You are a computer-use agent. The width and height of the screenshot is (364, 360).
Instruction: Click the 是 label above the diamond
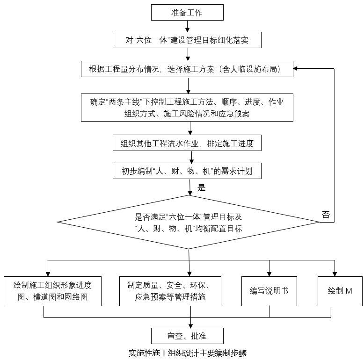pos(202,187)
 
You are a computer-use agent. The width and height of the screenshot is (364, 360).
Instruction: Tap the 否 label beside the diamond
pos(326,215)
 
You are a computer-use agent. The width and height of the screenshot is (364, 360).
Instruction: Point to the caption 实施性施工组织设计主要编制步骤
pos(188,353)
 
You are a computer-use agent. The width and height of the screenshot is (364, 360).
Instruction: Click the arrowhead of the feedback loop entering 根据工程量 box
pos(295,68)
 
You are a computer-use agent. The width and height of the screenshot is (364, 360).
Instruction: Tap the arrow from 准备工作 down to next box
pos(187,26)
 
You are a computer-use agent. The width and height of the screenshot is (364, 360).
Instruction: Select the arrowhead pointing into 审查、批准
pos(190,326)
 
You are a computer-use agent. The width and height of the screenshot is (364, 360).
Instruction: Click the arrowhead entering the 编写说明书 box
pos(269,274)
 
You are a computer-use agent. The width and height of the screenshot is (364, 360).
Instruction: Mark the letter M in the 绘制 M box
pos(349,291)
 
